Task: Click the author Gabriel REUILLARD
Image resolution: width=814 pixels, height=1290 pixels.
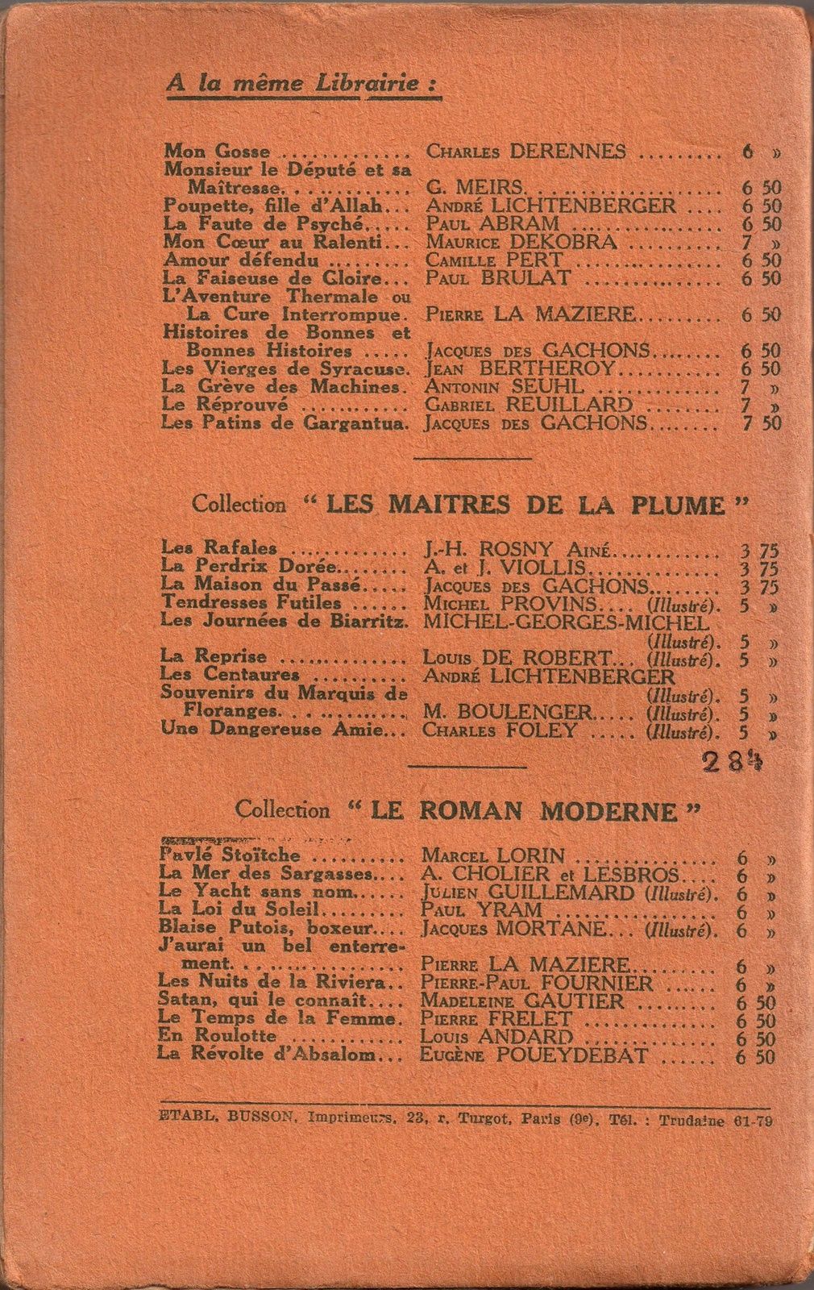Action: [528, 404]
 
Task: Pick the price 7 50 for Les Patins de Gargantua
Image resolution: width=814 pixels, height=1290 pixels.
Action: [760, 422]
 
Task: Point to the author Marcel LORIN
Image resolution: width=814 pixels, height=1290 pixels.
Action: [492, 855]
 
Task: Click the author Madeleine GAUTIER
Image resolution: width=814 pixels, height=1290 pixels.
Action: [523, 1001]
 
